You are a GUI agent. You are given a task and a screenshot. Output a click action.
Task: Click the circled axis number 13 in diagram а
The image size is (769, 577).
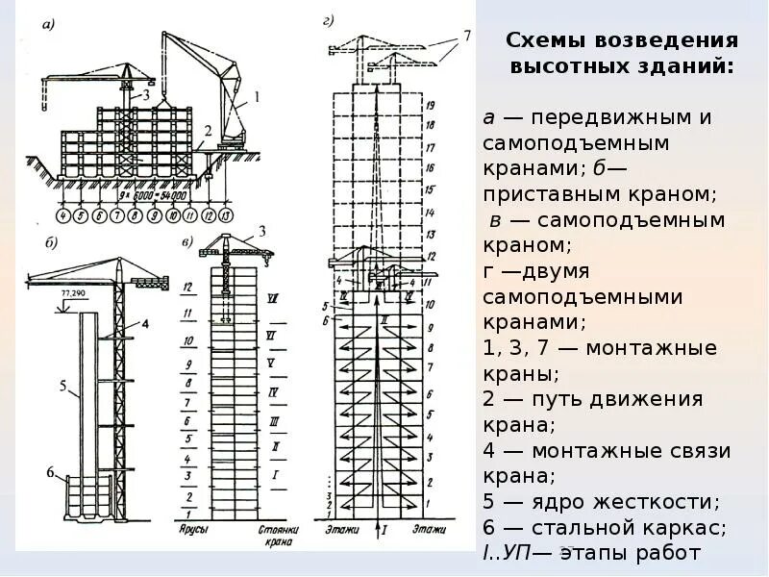225,215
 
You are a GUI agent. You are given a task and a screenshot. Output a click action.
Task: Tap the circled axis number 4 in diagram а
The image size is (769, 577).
63,215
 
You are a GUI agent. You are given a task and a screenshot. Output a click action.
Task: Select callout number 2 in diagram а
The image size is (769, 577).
207,130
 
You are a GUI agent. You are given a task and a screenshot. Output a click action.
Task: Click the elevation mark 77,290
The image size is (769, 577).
74,289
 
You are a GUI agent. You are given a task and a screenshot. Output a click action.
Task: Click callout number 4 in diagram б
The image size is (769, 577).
144,324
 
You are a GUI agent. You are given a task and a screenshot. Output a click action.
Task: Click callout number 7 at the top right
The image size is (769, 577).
466,36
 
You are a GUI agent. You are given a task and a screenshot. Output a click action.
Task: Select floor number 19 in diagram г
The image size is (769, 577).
431,104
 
